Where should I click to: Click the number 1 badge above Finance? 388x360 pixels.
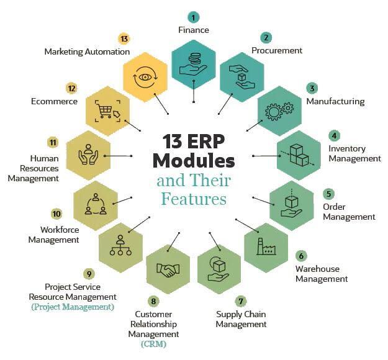(193, 17)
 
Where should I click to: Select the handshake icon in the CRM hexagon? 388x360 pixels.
(168, 270)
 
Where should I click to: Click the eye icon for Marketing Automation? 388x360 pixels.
(145, 77)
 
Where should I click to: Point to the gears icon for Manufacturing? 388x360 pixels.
(279, 111)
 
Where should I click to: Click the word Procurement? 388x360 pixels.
(277, 50)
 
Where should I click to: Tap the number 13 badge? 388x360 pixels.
(124, 39)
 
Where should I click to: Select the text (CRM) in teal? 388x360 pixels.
(153, 344)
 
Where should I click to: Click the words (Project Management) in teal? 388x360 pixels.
(73, 307)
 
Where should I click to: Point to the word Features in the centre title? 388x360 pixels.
(194, 199)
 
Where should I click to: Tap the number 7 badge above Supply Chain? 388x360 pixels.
(241, 301)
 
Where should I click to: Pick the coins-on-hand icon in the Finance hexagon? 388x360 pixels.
(193, 64)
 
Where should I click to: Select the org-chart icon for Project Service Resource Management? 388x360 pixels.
(120, 245)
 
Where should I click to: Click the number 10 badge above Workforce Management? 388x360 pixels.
(56, 214)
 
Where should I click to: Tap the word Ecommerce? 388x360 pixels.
(54, 101)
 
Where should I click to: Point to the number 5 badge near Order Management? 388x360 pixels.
(328, 194)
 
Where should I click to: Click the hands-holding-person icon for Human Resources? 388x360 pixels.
(88, 155)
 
